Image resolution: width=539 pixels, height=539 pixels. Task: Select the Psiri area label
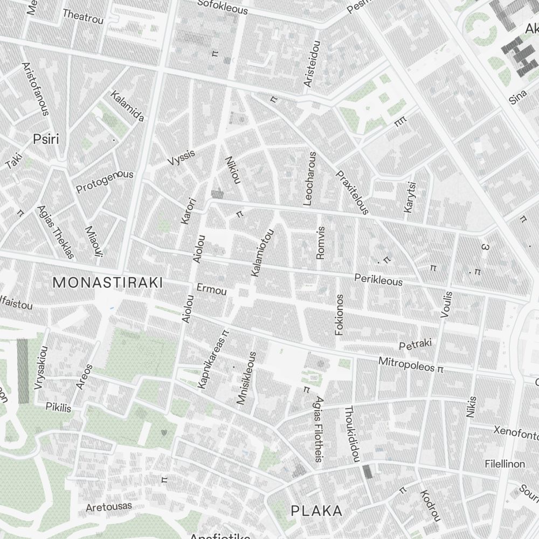pos(46,139)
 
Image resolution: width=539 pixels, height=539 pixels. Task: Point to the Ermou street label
pos(212,289)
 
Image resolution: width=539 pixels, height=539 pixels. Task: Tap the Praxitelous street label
pos(352,192)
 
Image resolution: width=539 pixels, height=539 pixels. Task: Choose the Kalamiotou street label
pos(263,253)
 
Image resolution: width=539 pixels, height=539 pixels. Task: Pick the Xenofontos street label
pos(516,432)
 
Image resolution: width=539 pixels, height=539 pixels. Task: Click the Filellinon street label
pos(505,464)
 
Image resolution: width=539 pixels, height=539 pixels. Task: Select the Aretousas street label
pos(109,507)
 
